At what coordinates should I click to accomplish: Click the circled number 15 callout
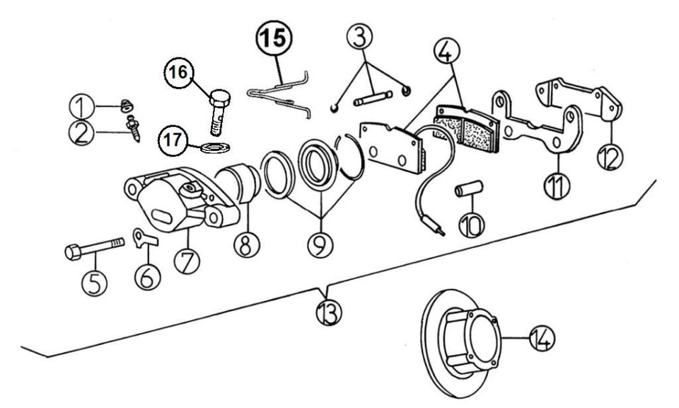[274, 38]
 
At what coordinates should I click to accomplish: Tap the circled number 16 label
[178, 72]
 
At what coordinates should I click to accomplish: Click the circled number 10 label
[472, 224]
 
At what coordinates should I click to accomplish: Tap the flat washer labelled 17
[215, 147]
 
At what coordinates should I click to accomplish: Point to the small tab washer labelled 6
[144, 238]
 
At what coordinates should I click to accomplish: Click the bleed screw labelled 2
[133, 127]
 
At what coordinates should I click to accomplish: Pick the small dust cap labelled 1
[127, 105]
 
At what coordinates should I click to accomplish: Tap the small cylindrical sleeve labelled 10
[468, 189]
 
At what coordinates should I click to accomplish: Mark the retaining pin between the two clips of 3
[373, 98]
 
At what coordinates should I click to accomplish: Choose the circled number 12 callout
[610, 157]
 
